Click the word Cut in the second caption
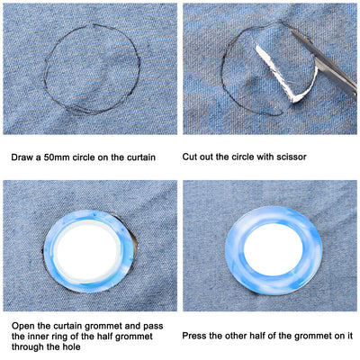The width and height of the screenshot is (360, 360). (189, 157)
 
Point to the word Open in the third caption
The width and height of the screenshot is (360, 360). (22, 326)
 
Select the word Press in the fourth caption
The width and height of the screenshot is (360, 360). (193, 336)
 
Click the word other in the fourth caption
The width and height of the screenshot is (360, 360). (235, 336)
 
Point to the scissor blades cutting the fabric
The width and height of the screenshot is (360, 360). (327, 66)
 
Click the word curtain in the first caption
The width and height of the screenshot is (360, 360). (140, 157)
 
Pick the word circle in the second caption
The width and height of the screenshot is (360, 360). (237, 157)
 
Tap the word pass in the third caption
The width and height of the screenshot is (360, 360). (153, 326)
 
